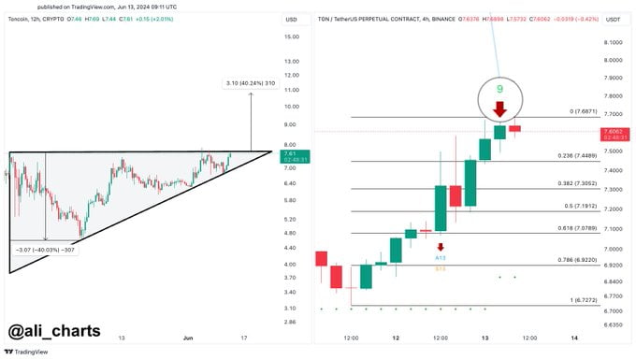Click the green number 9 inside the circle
coord(499,89)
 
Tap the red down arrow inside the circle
coord(500,109)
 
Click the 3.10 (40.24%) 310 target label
coord(250,84)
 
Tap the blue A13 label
coord(441,256)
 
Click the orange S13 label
coord(441,268)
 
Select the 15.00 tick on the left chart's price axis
coord(291,36)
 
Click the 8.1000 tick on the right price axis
coord(614,42)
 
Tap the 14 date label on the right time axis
coord(574,337)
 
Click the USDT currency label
coord(614,19)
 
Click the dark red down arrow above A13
coord(441,246)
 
